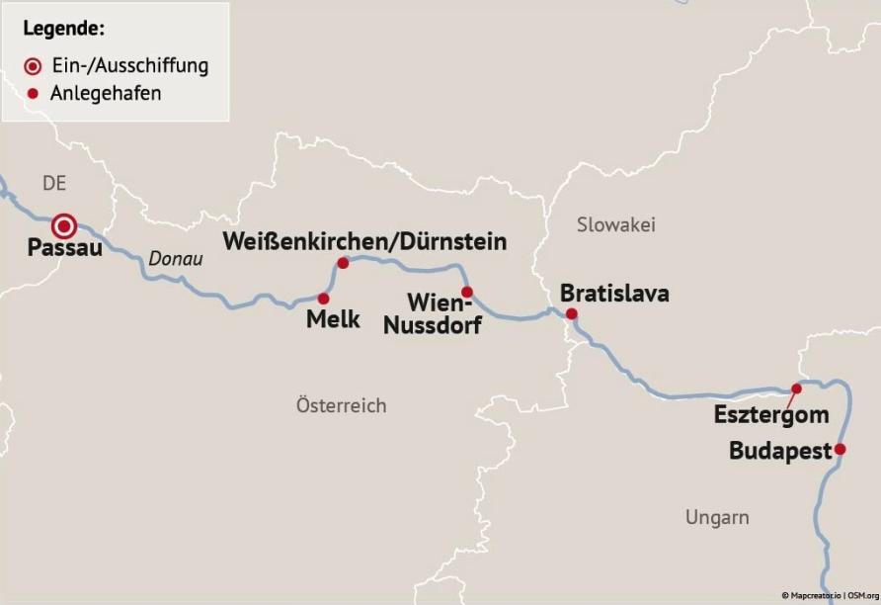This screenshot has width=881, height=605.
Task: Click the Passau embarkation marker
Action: point(65,226)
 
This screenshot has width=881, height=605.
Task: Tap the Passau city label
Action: point(64,249)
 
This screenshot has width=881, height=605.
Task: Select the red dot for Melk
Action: point(323,298)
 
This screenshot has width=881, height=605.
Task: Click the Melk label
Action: point(333,319)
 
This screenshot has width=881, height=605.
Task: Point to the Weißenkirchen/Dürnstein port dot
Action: point(344,263)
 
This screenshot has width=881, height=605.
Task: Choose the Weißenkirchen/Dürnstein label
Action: point(364,241)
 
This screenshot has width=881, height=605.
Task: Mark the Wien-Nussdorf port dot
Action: point(467,292)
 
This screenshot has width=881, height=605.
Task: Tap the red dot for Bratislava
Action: point(571,314)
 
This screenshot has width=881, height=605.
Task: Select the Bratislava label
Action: point(613,294)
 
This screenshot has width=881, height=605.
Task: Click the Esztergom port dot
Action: point(798,389)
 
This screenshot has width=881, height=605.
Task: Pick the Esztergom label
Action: point(771,415)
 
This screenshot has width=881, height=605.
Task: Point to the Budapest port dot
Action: point(840,449)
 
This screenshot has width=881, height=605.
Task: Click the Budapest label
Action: point(780,451)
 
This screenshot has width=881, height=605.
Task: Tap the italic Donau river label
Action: point(176,259)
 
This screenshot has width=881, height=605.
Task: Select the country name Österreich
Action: point(341,405)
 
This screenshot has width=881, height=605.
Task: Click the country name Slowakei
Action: point(615,224)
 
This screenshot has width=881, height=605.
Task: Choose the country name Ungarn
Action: point(716,517)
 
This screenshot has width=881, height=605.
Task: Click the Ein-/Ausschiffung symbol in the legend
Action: point(34,67)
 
